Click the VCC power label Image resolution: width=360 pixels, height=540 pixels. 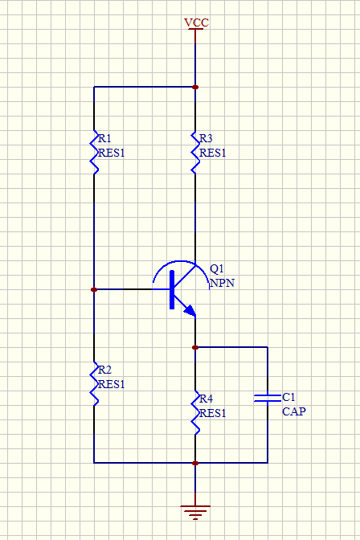coord(196,22)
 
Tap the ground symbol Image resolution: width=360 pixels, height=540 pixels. coord(195,512)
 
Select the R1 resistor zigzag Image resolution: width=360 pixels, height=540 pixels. coord(94,152)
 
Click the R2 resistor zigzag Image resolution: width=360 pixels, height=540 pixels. coord(94,383)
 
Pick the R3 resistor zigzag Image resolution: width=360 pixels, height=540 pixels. coord(195,152)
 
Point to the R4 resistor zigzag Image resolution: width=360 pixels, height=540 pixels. coord(195,412)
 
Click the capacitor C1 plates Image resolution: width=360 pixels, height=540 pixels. coord(268,398)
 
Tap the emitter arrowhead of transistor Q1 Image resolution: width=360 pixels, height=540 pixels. coord(190,311)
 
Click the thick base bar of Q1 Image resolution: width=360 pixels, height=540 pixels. coord(172,289)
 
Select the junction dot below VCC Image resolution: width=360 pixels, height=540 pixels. coord(195,87)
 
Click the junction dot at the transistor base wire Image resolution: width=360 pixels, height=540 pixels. coord(94,289)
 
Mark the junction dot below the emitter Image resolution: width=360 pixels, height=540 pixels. coord(195,347)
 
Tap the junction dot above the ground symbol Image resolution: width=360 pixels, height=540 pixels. coord(195,463)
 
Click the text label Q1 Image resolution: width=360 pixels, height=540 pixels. coord(217,268)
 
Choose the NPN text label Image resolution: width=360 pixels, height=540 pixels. coord(223,283)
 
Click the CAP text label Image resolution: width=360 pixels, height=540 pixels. coord(294,411)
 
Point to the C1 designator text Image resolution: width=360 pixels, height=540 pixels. coord(288,397)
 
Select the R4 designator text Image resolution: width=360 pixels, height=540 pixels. coord(206,399)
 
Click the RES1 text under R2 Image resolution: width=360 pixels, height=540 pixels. coord(111,384)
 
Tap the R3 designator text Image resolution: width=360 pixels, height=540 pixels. coord(206,138)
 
